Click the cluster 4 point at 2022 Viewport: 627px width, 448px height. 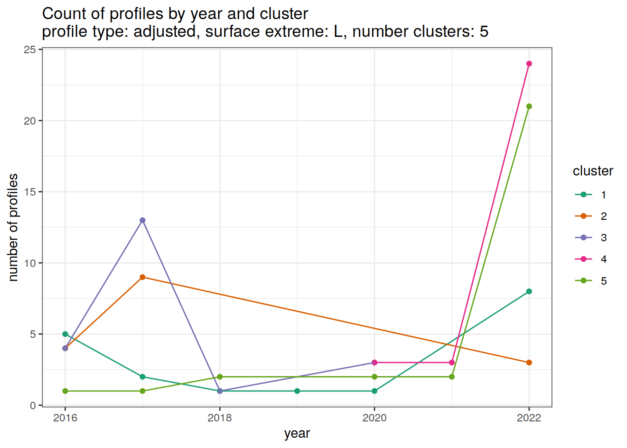[529, 64]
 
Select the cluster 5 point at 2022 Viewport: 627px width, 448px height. [529, 106]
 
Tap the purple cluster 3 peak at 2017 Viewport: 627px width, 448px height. [142, 220]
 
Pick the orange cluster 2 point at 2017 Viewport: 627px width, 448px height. [142, 277]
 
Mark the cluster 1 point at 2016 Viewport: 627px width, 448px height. [65, 334]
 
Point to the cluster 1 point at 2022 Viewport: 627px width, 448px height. [529, 292]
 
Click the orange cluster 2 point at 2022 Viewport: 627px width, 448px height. [529, 363]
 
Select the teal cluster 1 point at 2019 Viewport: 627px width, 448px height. [297, 391]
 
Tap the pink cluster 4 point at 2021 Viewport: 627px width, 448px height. [452, 363]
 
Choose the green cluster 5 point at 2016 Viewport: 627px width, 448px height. [65, 391]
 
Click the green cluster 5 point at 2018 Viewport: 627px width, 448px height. [220, 377]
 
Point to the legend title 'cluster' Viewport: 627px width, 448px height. [592, 171]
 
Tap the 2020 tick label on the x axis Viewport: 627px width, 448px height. [374, 418]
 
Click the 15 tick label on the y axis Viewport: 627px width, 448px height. [30, 192]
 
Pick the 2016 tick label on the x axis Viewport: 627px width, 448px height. [65, 418]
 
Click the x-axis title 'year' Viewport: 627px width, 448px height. [297, 434]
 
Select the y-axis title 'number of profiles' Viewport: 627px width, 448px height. [13, 227]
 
